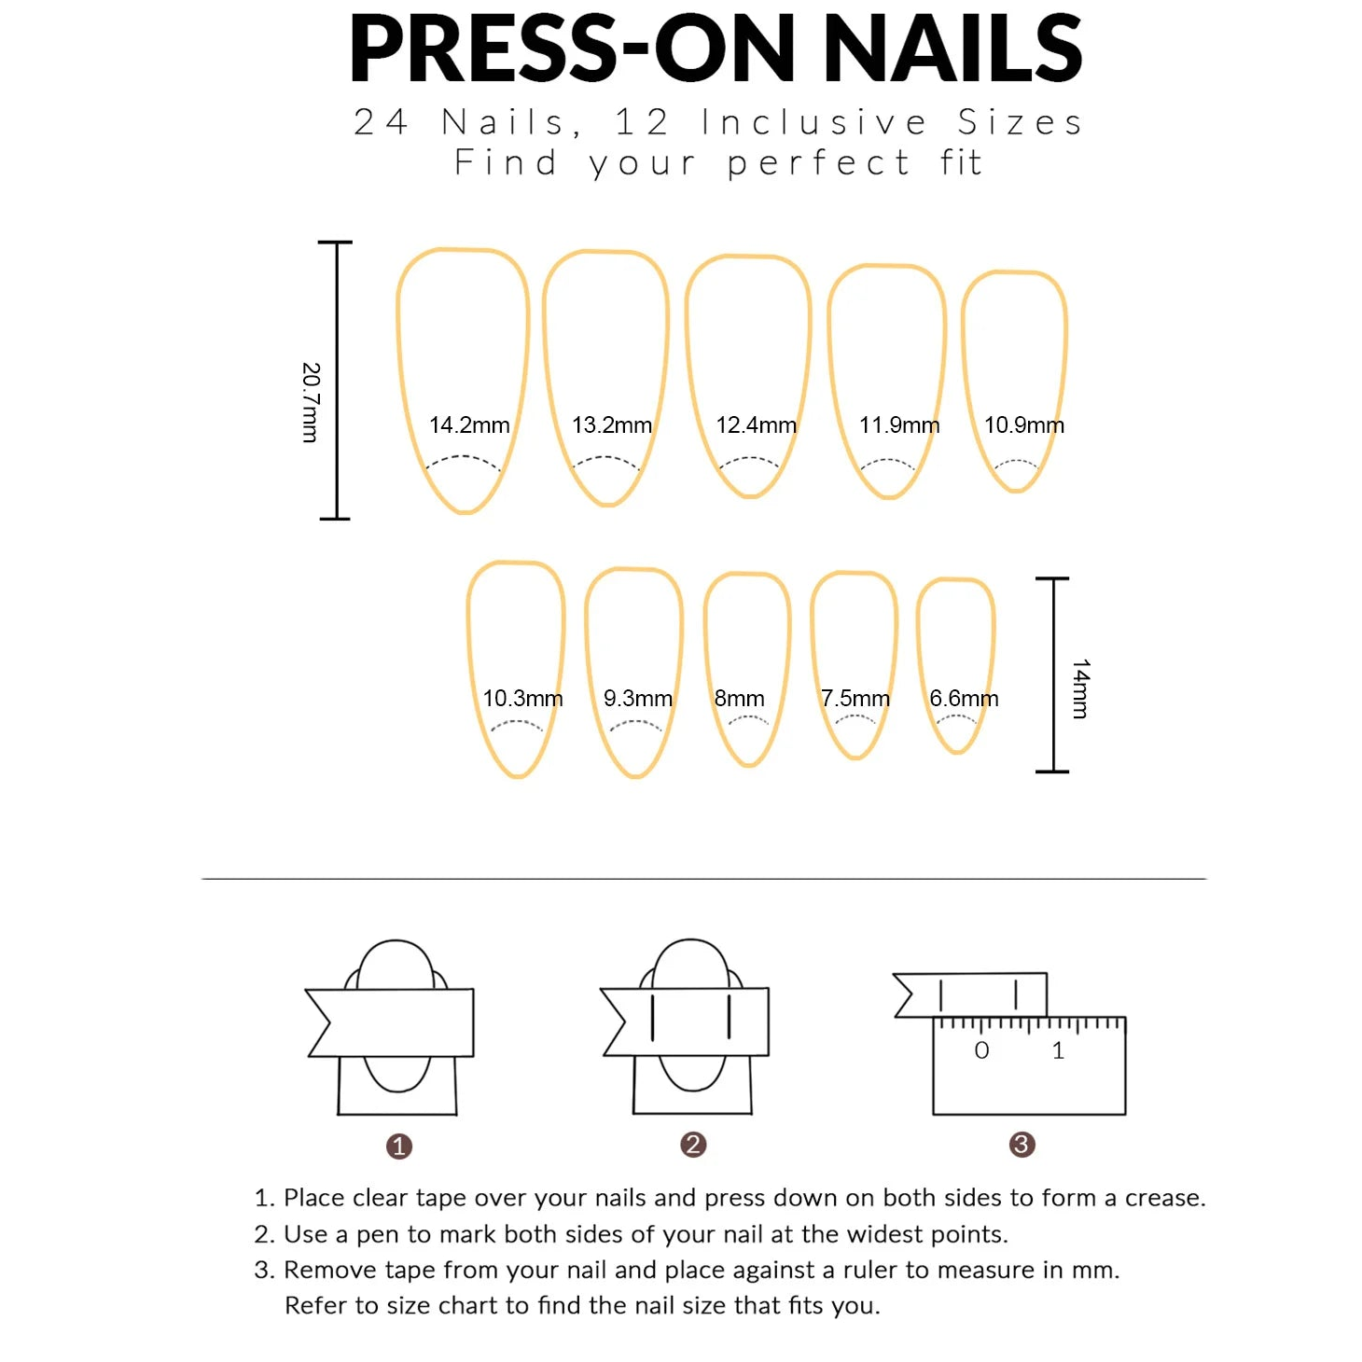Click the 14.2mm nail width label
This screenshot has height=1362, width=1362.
(469, 425)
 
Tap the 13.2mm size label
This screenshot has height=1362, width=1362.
(612, 425)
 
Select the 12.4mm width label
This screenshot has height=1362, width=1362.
(756, 425)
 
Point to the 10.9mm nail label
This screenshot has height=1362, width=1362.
(1023, 425)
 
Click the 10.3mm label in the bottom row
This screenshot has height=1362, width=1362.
(522, 699)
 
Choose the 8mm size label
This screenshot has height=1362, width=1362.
(739, 699)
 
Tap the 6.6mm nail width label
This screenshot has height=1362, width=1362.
(964, 699)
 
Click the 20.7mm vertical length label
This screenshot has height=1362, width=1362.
(311, 402)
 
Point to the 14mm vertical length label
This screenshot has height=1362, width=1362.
(1080, 688)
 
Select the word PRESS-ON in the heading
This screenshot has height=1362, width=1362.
(572, 49)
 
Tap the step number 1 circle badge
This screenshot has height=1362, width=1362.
(399, 1146)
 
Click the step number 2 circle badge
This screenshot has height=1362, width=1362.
(693, 1145)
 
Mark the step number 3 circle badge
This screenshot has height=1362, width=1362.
(1022, 1145)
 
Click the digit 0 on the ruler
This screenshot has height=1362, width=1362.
(981, 1050)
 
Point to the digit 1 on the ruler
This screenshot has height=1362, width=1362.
(1058, 1050)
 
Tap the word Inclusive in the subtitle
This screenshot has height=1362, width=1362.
(813, 122)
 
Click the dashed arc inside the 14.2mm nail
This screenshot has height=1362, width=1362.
(463, 459)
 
